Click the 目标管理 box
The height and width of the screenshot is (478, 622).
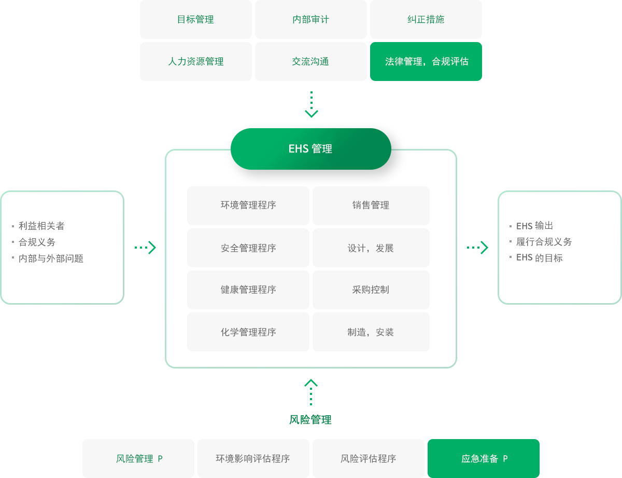[195, 20]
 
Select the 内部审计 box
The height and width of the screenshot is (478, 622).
[310, 20]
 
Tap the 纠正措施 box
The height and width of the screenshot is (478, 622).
[426, 20]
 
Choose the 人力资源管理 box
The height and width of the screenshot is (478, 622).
[195, 62]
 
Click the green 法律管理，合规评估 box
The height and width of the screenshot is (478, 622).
[426, 62]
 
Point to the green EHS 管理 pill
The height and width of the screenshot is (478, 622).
[310, 149]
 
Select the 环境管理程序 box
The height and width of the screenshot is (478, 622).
[248, 206]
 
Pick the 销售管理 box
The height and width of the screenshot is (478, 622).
[371, 206]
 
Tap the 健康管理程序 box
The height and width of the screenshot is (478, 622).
[248, 290]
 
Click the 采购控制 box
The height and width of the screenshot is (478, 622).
[371, 290]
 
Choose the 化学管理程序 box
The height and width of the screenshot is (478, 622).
[248, 332]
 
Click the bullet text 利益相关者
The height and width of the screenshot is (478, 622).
[41, 226]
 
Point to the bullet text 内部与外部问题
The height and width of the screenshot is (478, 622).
[51, 258]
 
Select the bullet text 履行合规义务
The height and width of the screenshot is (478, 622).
[544, 242]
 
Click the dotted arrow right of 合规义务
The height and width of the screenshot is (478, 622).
[145, 248]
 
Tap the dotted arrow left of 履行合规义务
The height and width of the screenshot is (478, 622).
[477, 248]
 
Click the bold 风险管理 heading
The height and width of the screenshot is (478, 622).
[310, 420]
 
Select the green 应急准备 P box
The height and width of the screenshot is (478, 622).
[484, 459]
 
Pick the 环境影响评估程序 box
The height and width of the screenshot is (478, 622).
[253, 459]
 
